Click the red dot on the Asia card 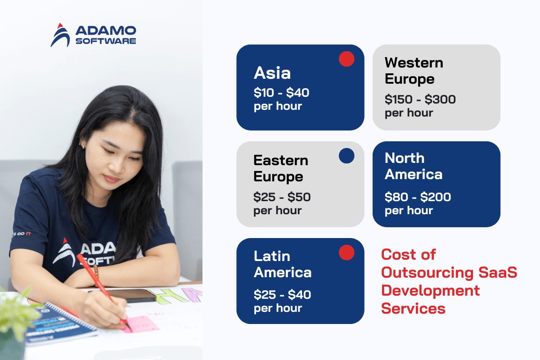(346, 59)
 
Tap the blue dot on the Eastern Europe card (346, 156)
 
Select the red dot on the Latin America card (346, 252)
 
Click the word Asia (272, 73)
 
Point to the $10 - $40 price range (281, 93)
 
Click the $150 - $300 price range (420, 99)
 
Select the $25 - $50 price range (282, 197)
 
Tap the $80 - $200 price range (418, 197)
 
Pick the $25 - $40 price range (282, 295)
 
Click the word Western (414, 63)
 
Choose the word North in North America (405, 158)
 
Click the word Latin (272, 256)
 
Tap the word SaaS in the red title (498, 272)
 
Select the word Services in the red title (413, 309)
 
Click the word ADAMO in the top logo (106, 31)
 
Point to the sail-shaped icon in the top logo (60, 35)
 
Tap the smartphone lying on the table (128, 296)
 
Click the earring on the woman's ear (82, 145)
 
